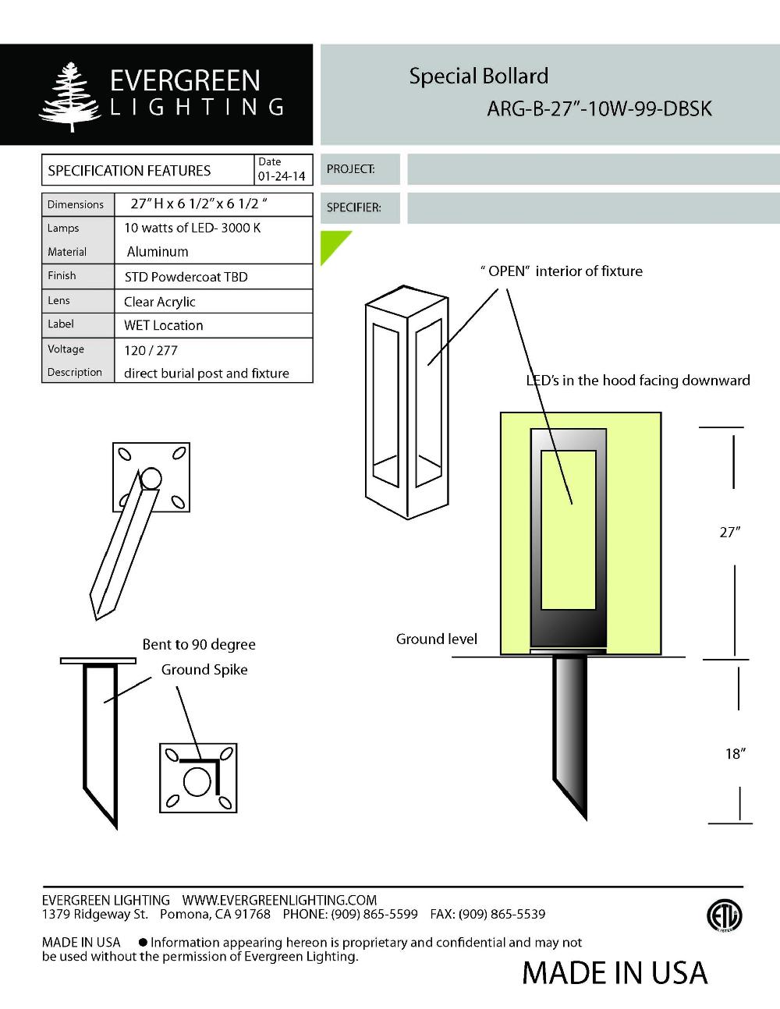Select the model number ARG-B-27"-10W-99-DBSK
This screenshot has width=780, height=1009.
coord(599,108)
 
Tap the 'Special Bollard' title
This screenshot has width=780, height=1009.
coord(478,76)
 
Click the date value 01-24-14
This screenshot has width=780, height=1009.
coord(282,176)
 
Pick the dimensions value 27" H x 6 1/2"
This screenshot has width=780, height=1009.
coord(199,204)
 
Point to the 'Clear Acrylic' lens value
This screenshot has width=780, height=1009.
coord(160,302)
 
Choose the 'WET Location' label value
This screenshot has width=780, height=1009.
coord(164,325)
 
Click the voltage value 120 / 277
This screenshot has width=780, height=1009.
coord(151,350)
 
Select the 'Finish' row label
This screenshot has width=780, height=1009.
coord(62,276)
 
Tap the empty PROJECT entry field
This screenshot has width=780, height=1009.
coord(593,169)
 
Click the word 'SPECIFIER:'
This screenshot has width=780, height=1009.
coord(353,208)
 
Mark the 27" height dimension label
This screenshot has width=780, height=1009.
coord(729,533)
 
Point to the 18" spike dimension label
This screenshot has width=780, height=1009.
coord(735,753)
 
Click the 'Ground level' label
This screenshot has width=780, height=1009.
coord(436,639)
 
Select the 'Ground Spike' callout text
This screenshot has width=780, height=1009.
coord(204,670)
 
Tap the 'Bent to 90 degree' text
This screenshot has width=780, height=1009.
coord(199,645)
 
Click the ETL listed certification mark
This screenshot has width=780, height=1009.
coord(724,916)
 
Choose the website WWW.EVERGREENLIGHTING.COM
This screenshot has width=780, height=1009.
coord(279,901)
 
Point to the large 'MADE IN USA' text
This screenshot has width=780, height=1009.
coord(615,973)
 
